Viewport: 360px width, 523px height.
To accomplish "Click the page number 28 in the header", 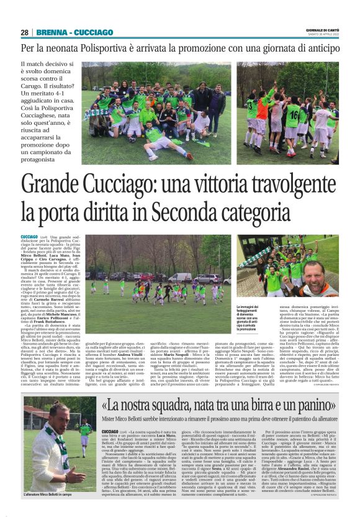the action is [24, 32].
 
